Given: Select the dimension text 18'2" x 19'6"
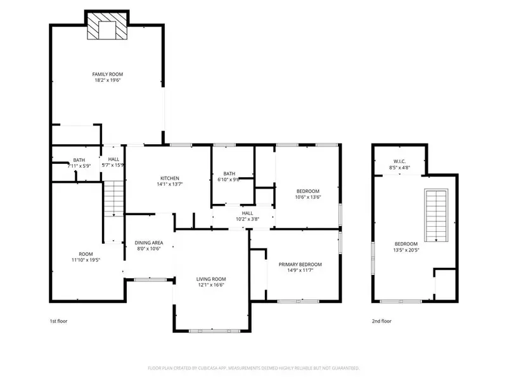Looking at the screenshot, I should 106,81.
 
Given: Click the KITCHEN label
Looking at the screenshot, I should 169,178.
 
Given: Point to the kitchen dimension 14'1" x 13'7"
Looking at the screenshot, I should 169,185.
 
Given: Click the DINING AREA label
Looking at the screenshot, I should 150,243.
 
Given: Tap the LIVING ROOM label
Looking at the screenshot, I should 210,279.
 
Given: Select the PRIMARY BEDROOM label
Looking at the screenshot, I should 300,264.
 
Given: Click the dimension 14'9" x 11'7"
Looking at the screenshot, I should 300,271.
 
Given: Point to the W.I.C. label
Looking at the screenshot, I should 399,161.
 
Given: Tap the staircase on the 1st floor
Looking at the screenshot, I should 113,198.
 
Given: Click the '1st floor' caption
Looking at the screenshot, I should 58,321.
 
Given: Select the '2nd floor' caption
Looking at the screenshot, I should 382,321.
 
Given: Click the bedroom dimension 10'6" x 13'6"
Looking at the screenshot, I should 308,197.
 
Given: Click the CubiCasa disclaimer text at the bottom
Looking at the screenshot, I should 253,368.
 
